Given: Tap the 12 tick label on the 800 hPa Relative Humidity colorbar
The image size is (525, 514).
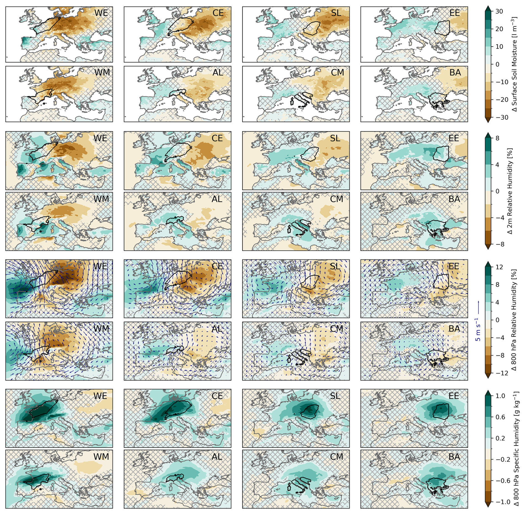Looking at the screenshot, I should (x=499, y=267).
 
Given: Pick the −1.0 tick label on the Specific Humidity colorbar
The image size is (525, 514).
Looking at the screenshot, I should (x=502, y=502).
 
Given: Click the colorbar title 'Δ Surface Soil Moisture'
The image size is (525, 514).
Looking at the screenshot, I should (x=514, y=64).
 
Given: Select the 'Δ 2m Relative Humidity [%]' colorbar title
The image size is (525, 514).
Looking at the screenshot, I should (x=510, y=191).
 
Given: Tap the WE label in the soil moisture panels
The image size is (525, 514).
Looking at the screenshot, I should (x=101, y=13).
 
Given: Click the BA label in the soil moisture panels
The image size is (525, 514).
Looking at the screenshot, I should (x=455, y=73).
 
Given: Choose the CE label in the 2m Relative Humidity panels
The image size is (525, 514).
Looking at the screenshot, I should (x=217, y=138).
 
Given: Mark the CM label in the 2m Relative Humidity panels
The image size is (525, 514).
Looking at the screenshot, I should (x=337, y=199).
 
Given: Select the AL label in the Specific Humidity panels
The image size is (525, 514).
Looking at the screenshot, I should (x=217, y=457).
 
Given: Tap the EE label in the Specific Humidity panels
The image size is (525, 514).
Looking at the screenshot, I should (x=454, y=396).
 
